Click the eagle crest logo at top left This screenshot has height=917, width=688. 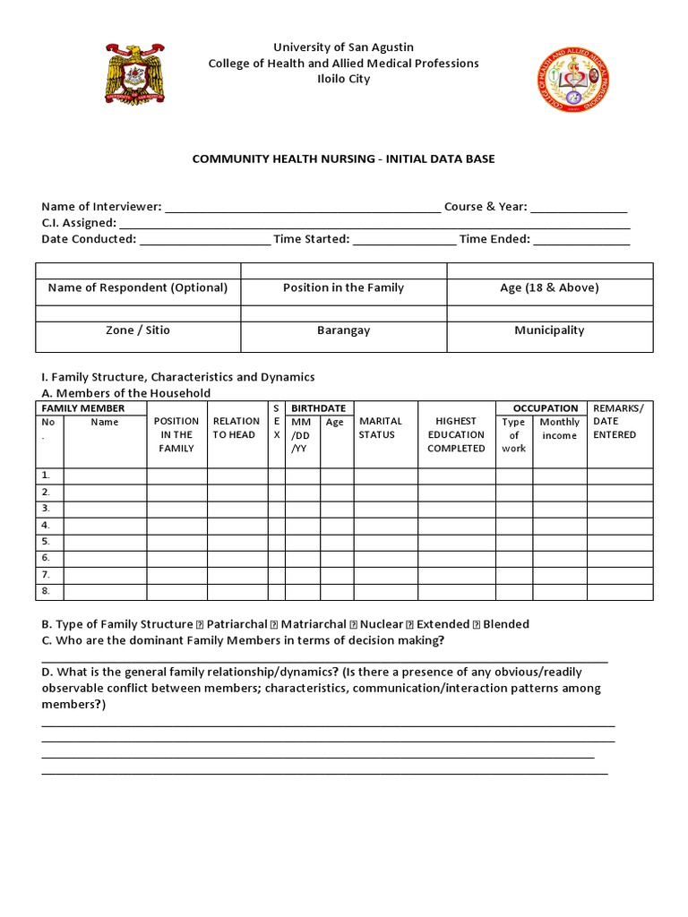click(x=135, y=75)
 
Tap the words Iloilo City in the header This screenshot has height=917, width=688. click(x=343, y=79)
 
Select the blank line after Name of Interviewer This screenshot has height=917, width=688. click(x=303, y=208)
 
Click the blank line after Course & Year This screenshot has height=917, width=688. click(x=579, y=208)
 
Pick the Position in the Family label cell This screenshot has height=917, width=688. click(x=343, y=288)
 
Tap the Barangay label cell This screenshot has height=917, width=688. click(x=343, y=330)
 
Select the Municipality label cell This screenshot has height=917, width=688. click(x=549, y=330)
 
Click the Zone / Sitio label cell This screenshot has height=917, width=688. click(x=137, y=330)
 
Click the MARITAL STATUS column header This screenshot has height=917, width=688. click(x=381, y=428)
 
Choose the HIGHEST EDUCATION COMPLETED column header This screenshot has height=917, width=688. click(x=456, y=434)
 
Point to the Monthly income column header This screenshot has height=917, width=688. click(x=560, y=429)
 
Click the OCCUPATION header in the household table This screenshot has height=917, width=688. click(x=545, y=408)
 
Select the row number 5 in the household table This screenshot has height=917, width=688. click(x=46, y=542)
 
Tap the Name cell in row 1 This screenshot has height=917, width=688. click(x=105, y=476)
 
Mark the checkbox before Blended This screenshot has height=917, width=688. click(x=477, y=624)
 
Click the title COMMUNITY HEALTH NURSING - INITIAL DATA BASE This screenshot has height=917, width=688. click(x=343, y=159)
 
